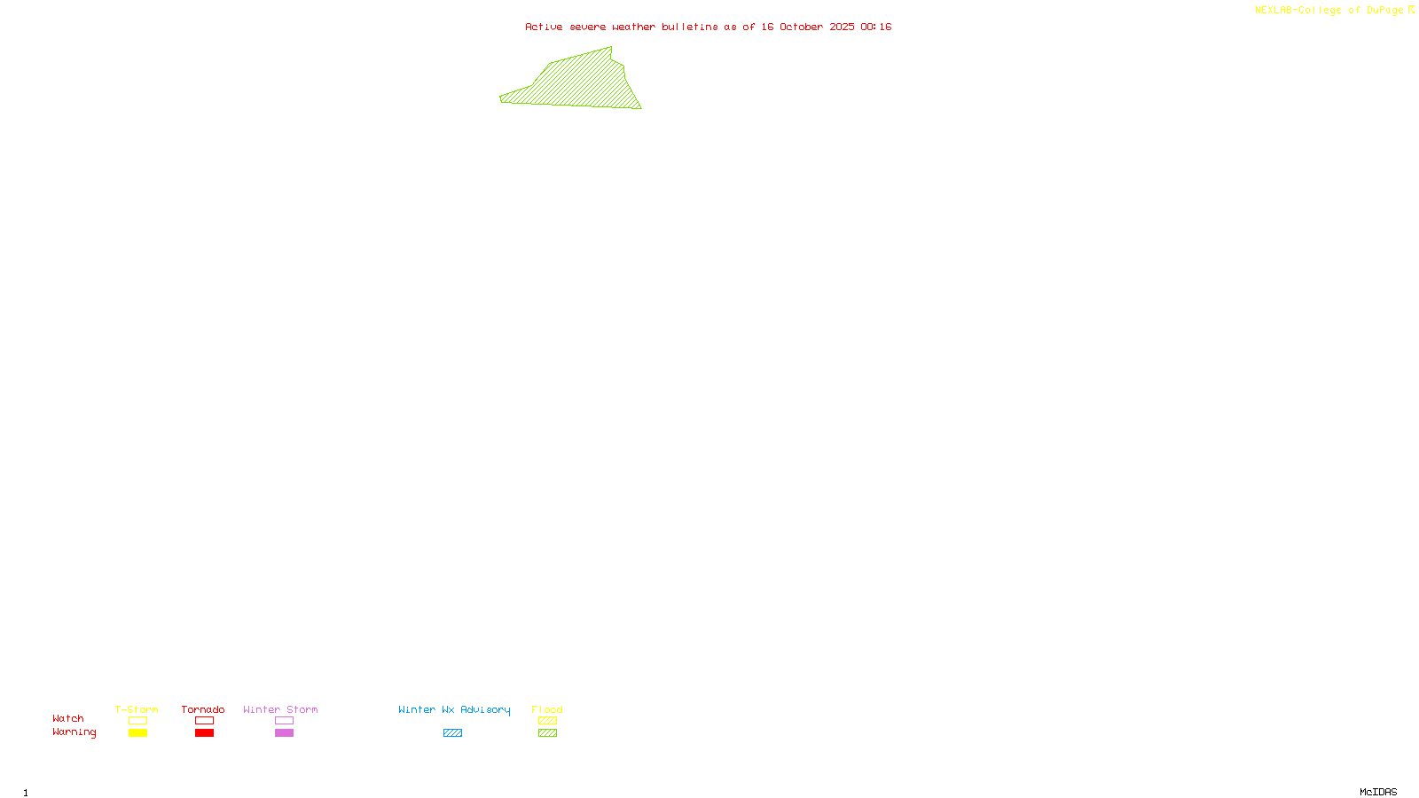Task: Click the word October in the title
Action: coord(801,27)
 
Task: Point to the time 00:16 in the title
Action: coord(875,27)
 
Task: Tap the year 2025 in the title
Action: coord(842,27)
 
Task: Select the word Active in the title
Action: coord(544,27)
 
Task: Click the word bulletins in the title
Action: coord(690,27)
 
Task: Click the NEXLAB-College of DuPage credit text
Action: coord(1329,11)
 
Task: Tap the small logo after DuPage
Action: coord(1411,10)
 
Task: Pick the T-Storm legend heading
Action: coord(137,709)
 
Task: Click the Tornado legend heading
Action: coord(203,709)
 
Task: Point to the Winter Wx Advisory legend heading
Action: coord(454,709)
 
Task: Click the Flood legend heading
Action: coord(547,709)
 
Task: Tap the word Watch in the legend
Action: coord(68,718)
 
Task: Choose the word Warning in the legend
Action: coord(74,732)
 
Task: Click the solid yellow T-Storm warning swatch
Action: coord(137,733)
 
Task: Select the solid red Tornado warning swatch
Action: coord(205,733)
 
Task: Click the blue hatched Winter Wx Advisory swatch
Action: coord(452,733)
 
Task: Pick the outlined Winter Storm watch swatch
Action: coord(284,721)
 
